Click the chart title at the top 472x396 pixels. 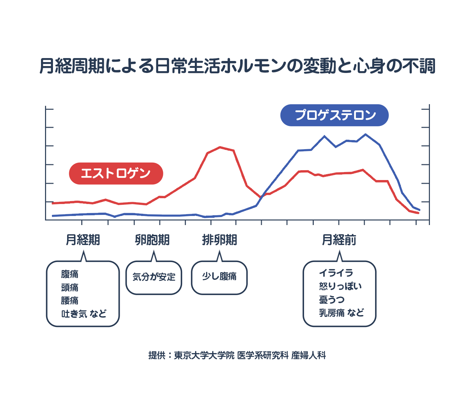237,66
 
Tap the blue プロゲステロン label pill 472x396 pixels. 334,115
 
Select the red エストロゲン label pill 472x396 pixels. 116,173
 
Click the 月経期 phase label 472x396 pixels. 83,240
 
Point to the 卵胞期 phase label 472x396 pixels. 152,240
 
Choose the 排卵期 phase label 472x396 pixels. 219,240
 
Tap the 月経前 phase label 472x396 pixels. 339,240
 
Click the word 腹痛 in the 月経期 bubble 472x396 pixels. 70,274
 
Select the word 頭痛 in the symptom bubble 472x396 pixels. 70,288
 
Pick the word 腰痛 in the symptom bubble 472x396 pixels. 70,301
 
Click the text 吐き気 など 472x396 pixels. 84,314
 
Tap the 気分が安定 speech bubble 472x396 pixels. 154,277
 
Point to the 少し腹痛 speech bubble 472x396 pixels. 219,277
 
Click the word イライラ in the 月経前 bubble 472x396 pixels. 336,273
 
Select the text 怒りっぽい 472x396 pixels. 340,286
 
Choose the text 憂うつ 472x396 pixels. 332,300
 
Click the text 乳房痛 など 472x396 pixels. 341,313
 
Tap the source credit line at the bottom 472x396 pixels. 237,355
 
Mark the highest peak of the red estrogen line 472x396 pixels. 220,147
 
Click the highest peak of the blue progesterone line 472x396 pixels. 365,134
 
